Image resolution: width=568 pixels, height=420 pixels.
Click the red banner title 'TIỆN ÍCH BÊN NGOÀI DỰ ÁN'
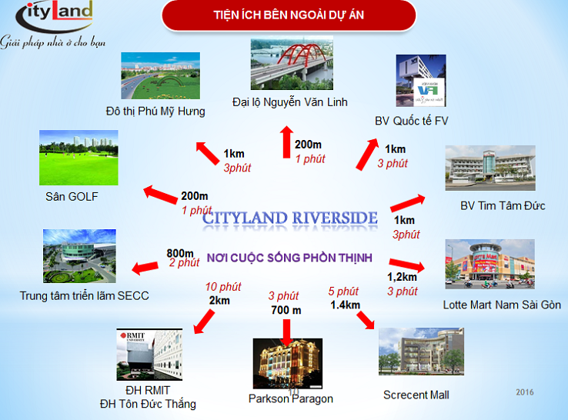point(289,15)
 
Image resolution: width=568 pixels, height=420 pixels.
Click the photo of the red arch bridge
point(292,62)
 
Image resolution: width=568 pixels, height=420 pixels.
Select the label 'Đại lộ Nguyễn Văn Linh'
point(290,102)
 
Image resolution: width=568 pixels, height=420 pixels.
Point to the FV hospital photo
point(421,80)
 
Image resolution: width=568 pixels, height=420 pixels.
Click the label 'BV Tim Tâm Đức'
point(503,205)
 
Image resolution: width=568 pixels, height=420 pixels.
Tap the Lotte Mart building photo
point(489,264)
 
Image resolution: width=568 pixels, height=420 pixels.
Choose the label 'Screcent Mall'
point(416,395)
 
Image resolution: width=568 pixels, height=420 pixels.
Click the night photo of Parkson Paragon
point(288,364)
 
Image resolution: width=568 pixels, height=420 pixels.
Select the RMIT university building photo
point(149,355)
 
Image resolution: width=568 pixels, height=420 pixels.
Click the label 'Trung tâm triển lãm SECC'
point(84,296)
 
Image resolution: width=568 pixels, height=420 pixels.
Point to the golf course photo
point(79,158)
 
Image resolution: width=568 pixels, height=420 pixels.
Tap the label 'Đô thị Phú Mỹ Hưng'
point(155,112)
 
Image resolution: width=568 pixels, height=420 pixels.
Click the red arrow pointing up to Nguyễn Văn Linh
point(286,142)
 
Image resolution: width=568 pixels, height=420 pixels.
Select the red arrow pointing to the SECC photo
point(145,268)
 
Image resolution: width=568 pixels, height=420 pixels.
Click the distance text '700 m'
point(286,310)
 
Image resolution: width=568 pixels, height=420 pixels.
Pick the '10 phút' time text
point(223,287)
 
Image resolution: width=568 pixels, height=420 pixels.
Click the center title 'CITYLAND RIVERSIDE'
point(290,218)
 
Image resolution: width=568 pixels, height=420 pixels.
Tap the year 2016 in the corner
point(525,392)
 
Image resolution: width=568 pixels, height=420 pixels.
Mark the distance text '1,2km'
point(402,277)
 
